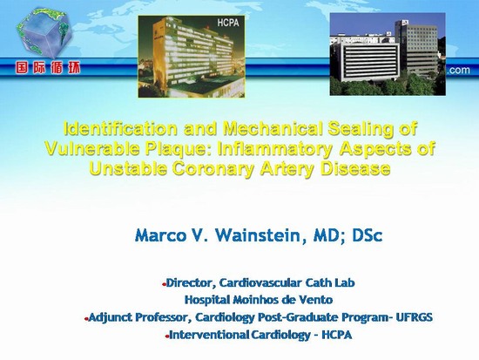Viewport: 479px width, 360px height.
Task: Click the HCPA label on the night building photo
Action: [x=228, y=23]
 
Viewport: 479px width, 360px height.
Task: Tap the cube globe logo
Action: [x=44, y=33]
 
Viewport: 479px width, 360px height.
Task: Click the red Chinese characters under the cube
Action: [x=48, y=68]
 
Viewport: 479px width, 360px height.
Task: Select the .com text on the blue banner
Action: [x=458, y=70]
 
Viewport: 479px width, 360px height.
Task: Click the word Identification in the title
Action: [x=121, y=129]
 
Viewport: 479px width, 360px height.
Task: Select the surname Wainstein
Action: [x=258, y=236]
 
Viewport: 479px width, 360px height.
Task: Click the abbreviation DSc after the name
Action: [x=367, y=236]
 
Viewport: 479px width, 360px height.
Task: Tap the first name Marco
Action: [x=160, y=236]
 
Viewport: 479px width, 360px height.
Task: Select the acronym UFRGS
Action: [x=414, y=317]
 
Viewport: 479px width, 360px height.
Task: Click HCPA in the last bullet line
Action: [x=337, y=335]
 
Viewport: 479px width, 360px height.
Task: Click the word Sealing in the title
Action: [x=361, y=129]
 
